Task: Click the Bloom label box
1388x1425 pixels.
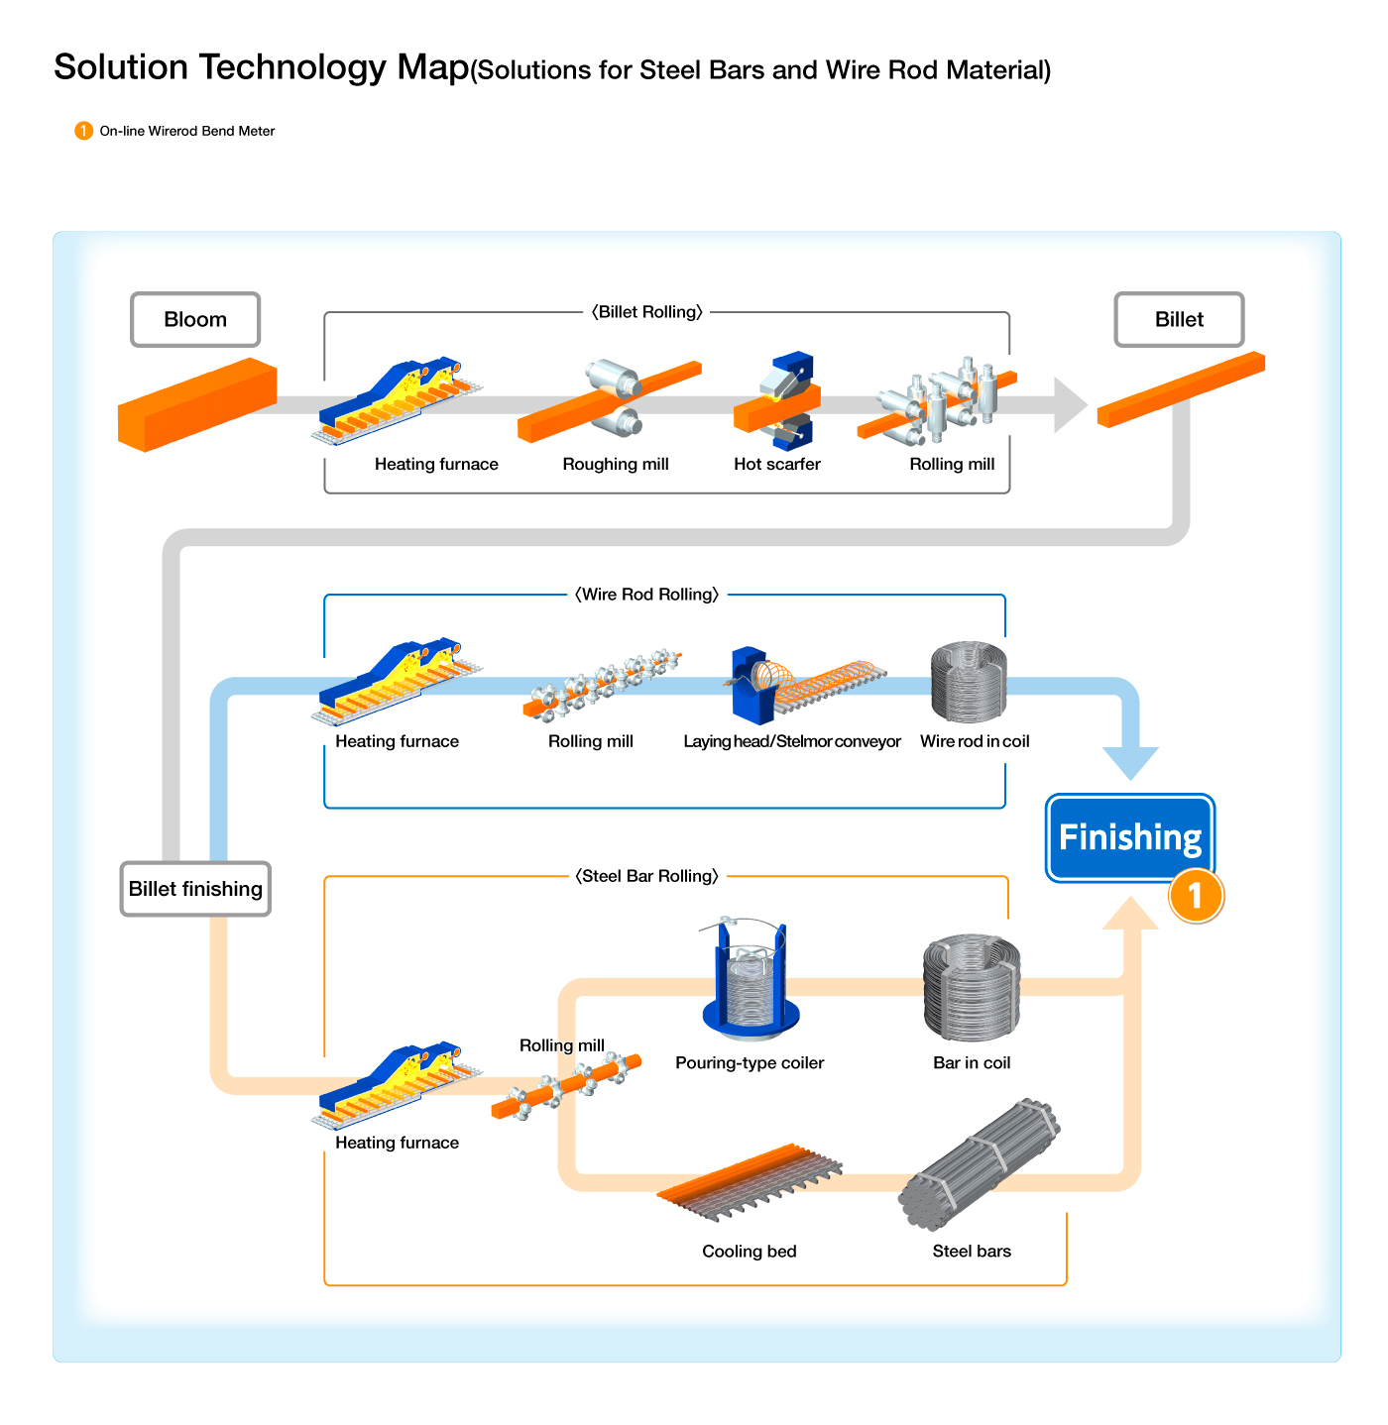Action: [x=195, y=319]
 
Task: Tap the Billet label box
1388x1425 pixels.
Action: [x=1179, y=319]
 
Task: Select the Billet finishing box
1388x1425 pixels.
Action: [x=195, y=889]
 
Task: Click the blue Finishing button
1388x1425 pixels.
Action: [x=1130, y=837]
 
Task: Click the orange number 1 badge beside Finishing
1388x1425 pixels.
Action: [x=1196, y=896]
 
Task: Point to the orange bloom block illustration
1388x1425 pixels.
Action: [x=196, y=404]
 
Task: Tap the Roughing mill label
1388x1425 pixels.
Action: [x=616, y=464]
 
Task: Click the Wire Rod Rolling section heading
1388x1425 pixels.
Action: [x=647, y=595]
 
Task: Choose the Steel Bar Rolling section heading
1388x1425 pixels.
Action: [x=647, y=876]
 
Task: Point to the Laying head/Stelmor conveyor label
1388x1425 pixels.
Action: [x=792, y=741]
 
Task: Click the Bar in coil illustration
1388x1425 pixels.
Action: [x=972, y=987]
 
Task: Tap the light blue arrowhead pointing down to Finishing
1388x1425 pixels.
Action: [x=1130, y=762]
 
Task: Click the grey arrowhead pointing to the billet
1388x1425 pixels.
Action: [x=1071, y=404]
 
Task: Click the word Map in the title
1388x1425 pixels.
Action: [x=432, y=67]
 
